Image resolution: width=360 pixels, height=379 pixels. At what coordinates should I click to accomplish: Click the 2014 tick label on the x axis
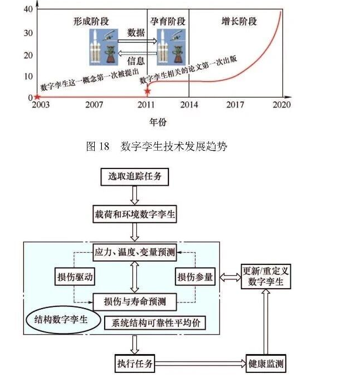point(189,105)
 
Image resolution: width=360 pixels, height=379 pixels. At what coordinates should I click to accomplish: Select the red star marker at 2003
point(37,98)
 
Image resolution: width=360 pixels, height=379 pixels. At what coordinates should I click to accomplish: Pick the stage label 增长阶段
point(239,22)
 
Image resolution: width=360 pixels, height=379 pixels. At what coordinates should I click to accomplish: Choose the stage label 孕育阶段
point(168,22)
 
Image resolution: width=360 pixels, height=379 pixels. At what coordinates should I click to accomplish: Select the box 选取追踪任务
point(133,177)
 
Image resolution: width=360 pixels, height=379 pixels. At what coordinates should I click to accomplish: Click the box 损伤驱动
point(74,277)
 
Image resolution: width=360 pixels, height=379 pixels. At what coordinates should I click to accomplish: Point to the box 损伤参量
point(195,277)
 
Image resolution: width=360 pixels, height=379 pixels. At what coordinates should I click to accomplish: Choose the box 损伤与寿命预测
point(133,302)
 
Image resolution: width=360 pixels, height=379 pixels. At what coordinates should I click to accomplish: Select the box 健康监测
point(266,364)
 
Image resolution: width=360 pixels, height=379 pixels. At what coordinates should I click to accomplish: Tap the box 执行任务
point(133,364)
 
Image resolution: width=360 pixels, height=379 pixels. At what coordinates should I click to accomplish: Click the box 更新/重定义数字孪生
point(266,276)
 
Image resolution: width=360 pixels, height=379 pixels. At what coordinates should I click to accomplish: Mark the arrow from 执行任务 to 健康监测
point(199,364)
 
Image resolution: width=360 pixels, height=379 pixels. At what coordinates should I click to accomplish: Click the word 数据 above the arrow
point(136,33)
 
